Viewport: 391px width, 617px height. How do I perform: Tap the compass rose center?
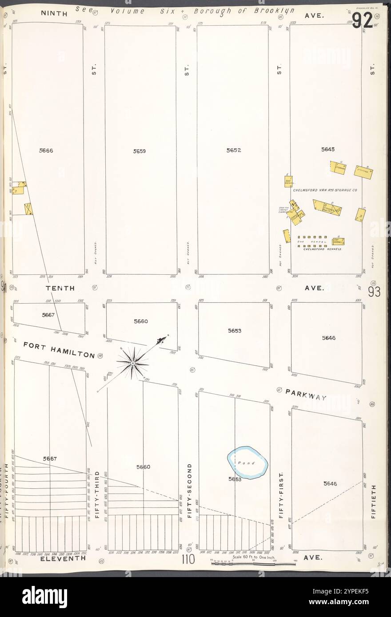pyautogui.click(x=132, y=363)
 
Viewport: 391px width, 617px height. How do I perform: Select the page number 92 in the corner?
pyautogui.click(x=362, y=21)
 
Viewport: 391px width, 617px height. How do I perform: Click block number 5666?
pyautogui.click(x=46, y=151)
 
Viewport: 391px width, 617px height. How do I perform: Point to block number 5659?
pyautogui.click(x=140, y=151)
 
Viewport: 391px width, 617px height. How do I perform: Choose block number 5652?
pyautogui.click(x=233, y=150)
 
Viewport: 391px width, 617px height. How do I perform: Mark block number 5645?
pyautogui.click(x=327, y=150)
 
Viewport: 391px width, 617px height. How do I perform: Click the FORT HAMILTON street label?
pyautogui.click(x=59, y=349)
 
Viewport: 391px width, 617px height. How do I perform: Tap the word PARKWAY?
pyautogui.click(x=306, y=395)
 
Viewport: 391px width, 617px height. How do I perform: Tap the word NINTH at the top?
pyautogui.click(x=54, y=14)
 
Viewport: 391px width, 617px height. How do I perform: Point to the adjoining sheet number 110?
pyautogui.click(x=188, y=560)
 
